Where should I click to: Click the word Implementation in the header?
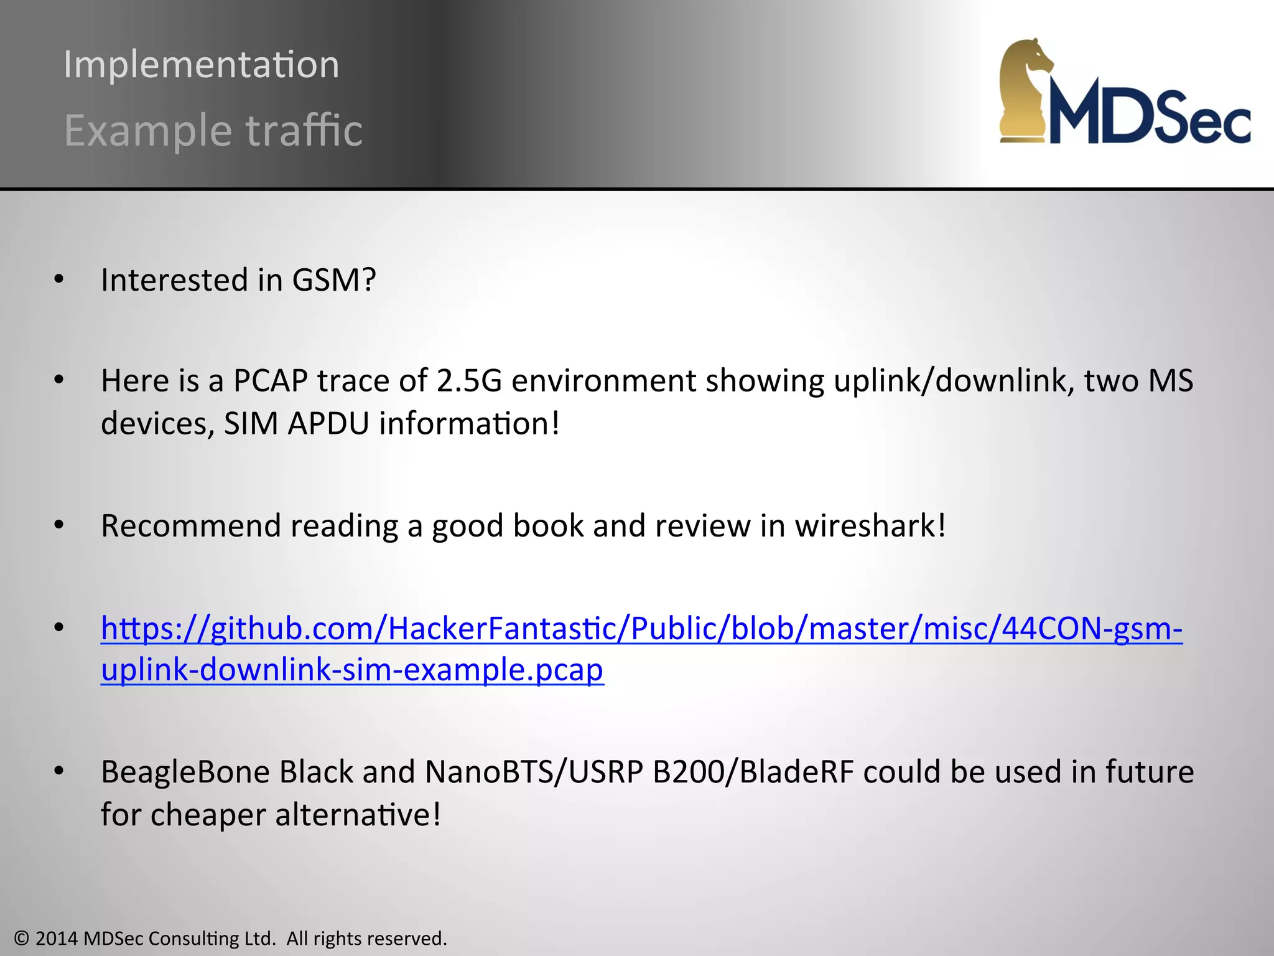tap(201, 65)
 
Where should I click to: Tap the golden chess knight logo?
tap(1025, 90)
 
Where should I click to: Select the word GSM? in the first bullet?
tap(334, 280)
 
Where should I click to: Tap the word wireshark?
tap(870, 525)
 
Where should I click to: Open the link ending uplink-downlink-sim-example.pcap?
tap(352, 670)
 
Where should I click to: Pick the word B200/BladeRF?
tap(753, 772)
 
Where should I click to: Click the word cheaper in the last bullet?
tap(207, 815)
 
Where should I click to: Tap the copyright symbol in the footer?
tap(22, 939)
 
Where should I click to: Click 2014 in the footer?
tap(57, 939)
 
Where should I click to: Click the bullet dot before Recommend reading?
tap(59, 525)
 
